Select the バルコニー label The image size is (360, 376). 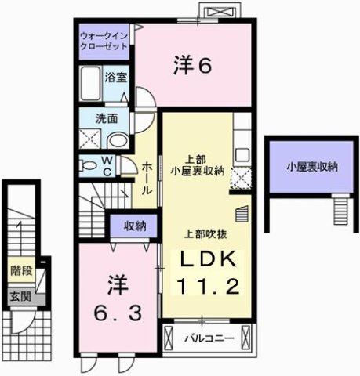click(x=206, y=340)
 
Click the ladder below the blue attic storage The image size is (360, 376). click(x=339, y=208)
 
